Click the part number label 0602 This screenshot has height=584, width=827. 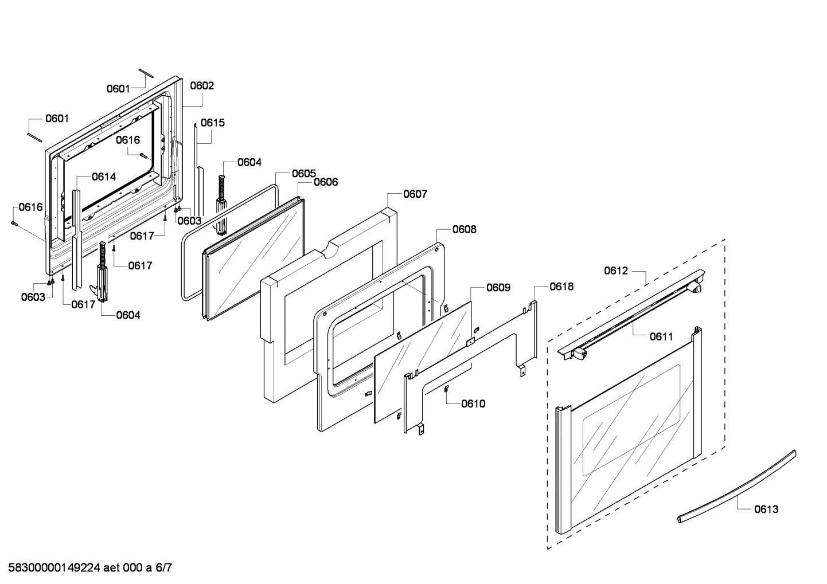[x=202, y=86]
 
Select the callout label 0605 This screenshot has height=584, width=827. [x=303, y=173]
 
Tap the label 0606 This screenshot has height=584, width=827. [x=325, y=182]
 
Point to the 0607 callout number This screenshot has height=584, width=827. [x=415, y=194]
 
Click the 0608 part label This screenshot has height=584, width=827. [x=464, y=229]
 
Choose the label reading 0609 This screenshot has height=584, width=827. [x=498, y=287]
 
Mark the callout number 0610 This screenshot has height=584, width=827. [x=473, y=403]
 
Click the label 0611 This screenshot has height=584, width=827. [x=661, y=337]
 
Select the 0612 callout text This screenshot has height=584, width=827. [x=616, y=271]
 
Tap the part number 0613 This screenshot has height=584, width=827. [x=766, y=509]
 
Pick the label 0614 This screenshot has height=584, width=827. [x=104, y=177]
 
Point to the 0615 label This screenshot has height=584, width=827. [x=213, y=123]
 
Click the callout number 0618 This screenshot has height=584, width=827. [x=561, y=287]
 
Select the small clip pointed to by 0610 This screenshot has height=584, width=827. [x=446, y=389]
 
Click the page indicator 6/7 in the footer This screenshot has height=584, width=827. [x=163, y=569]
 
